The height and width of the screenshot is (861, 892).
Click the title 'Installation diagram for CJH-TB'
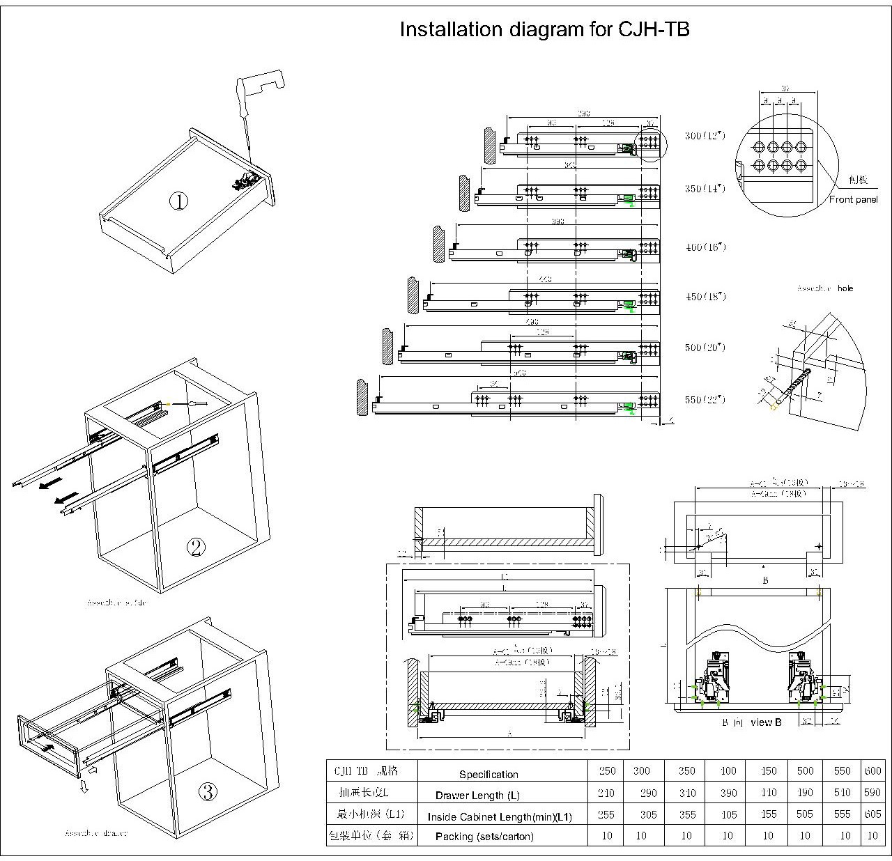point(544,29)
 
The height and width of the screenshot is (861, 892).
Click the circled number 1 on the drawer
point(179,202)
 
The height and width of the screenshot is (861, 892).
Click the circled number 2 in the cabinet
point(197,548)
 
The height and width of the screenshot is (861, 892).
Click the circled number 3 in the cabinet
point(208,791)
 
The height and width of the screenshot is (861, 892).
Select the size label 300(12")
point(705,135)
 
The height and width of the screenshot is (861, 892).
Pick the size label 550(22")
point(705,400)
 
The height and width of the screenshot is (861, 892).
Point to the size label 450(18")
point(705,297)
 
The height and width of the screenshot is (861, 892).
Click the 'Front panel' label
point(854,200)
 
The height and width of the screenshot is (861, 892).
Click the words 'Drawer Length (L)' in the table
point(477,796)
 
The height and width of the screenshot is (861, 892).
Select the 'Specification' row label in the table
point(489,775)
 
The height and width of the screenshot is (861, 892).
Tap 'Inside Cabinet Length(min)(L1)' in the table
point(500,817)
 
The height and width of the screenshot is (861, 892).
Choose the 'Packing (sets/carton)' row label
point(484,837)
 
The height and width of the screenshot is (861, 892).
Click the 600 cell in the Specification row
point(872,771)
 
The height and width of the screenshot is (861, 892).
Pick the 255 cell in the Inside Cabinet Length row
point(606,814)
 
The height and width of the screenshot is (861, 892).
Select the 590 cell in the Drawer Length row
point(872,793)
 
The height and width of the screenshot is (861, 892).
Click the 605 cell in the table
point(872,814)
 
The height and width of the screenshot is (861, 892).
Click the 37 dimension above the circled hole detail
point(786,88)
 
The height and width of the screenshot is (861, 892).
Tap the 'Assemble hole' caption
point(825,288)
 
